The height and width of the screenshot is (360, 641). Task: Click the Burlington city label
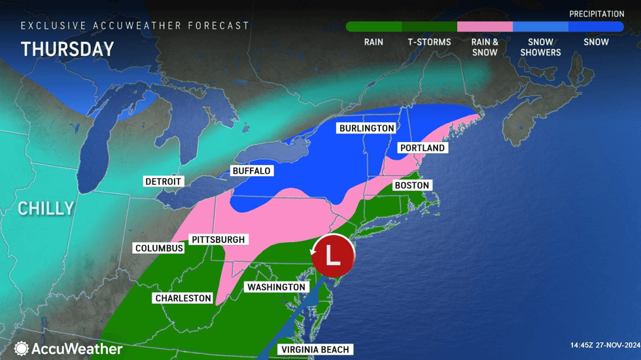click(x=367, y=128)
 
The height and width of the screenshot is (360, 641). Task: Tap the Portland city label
click(x=423, y=148)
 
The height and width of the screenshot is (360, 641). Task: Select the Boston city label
click(x=411, y=185)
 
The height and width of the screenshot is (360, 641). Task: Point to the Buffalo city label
click(x=251, y=171)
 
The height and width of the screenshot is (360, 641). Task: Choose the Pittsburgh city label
click(x=217, y=240)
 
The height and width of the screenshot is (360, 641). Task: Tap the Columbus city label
click(x=159, y=248)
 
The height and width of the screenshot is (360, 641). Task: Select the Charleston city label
click(x=183, y=298)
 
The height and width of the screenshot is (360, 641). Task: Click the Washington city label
click(x=275, y=287)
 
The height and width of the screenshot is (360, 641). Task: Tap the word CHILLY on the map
click(x=46, y=209)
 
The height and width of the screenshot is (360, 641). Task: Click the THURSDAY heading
click(x=67, y=49)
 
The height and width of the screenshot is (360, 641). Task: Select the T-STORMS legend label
click(x=429, y=42)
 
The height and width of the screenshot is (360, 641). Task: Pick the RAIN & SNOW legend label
click(x=485, y=47)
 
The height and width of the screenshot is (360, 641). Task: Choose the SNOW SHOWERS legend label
click(x=541, y=47)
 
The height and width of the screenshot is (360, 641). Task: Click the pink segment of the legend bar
click(x=485, y=27)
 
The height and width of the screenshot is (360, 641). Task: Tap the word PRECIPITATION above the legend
click(x=597, y=14)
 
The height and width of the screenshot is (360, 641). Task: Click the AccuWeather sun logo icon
click(x=22, y=349)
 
